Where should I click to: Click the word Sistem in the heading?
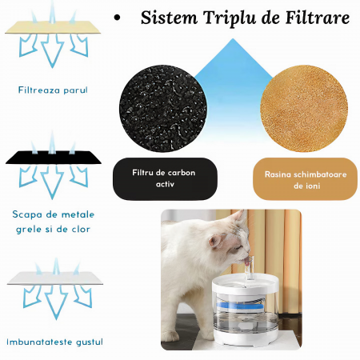[x=169, y=18]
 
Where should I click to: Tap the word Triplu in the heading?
[x=230, y=18]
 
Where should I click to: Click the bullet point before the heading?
[x=117, y=18]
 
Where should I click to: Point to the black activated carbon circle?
[x=163, y=109]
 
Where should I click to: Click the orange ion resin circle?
[x=304, y=109]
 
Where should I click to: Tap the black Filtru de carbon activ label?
[x=165, y=178]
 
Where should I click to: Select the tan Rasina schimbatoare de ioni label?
[x=306, y=178]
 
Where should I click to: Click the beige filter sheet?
[x=53, y=27]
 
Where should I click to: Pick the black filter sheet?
[x=54, y=158]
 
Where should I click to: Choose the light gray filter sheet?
[x=55, y=278]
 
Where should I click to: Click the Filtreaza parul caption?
[x=53, y=90]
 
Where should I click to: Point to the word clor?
[x=81, y=229]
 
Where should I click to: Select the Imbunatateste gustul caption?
[x=54, y=342]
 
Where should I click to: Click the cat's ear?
[x=217, y=240]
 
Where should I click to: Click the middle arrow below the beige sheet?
[x=52, y=50]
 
